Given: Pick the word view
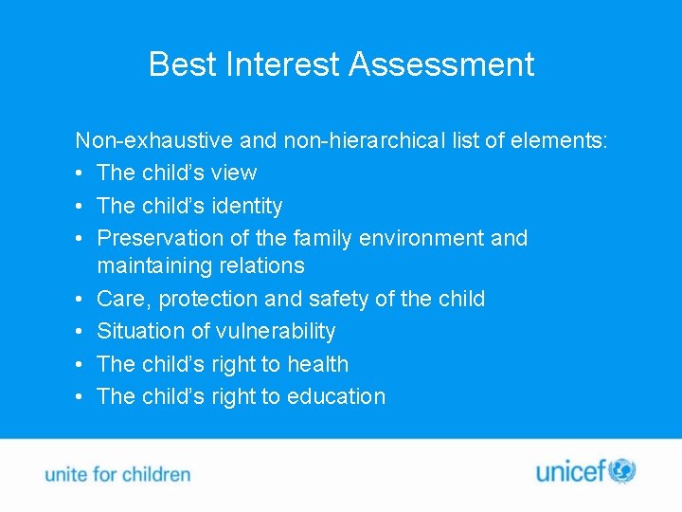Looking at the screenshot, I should point(234,173).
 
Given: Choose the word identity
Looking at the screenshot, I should point(247,206).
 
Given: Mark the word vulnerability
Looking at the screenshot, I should point(276,331).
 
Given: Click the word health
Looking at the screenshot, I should point(318,364).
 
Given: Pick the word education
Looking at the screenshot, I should point(337,396).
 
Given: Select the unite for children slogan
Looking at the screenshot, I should point(117,474).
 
